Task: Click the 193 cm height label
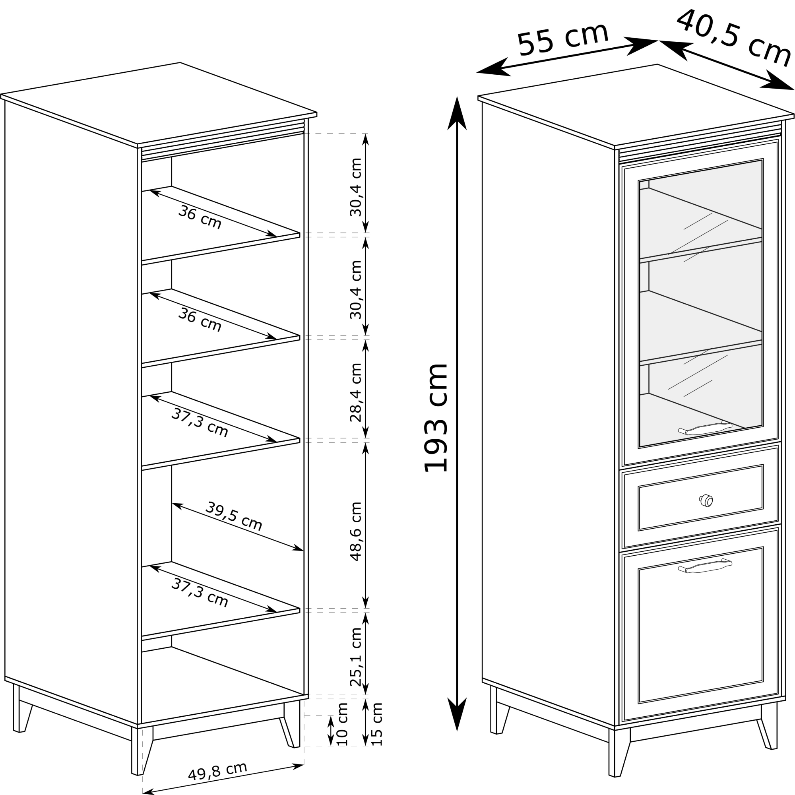click(x=435, y=418)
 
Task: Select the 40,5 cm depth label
click(x=734, y=38)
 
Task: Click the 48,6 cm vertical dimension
click(x=355, y=531)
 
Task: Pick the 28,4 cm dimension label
click(x=355, y=392)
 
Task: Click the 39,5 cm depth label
click(x=233, y=516)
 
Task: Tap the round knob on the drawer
click(x=706, y=500)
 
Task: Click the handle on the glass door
click(x=705, y=428)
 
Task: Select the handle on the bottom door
click(x=705, y=566)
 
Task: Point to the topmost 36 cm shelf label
click(x=200, y=217)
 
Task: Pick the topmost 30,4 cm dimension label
click(x=355, y=187)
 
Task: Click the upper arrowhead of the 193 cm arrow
click(x=457, y=113)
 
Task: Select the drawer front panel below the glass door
click(x=700, y=498)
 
